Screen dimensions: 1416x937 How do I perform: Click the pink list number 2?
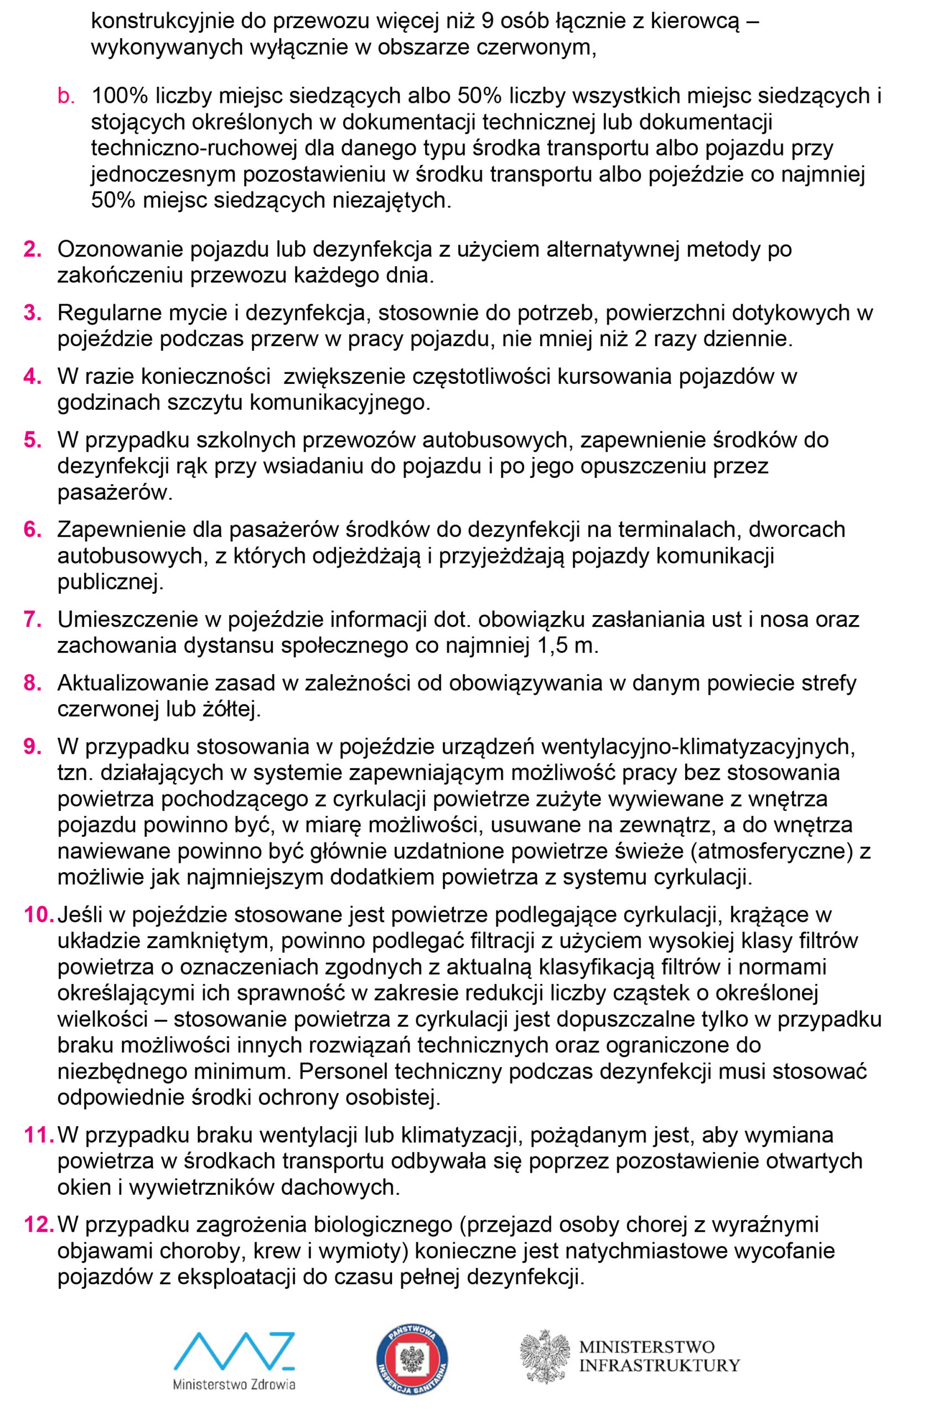(x=32, y=249)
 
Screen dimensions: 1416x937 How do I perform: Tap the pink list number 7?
(x=32, y=619)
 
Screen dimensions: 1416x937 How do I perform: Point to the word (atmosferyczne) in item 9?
(x=772, y=851)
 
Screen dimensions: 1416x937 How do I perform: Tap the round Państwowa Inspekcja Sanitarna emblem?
(x=412, y=1359)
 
